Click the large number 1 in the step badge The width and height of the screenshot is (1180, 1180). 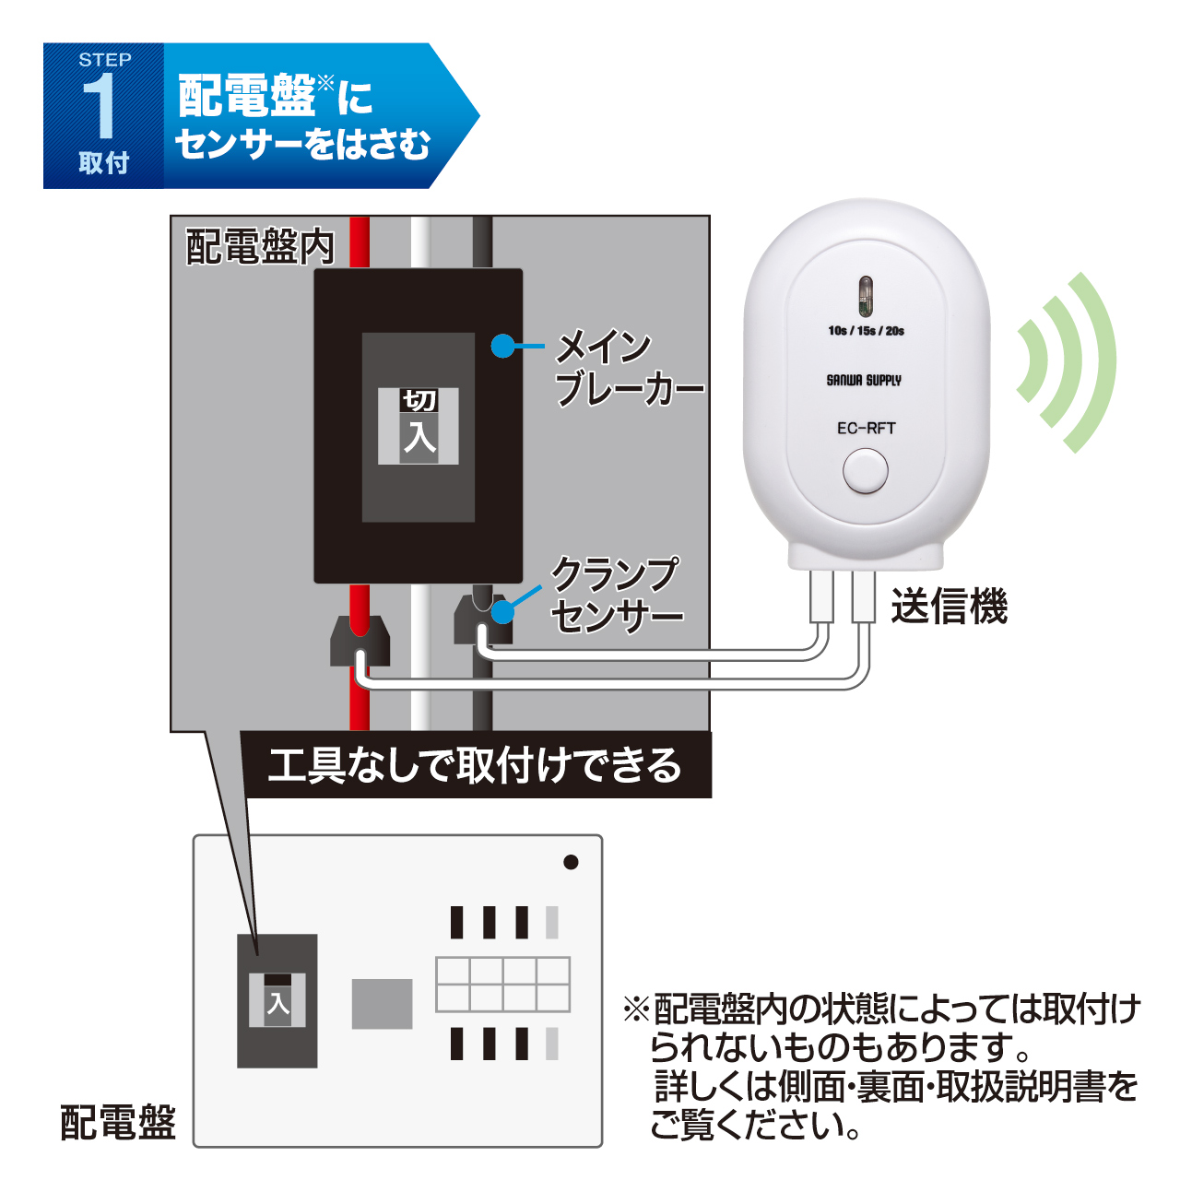(99, 105)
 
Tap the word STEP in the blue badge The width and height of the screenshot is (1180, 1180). (105, 59)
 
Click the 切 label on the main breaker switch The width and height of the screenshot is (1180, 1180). (419, 400)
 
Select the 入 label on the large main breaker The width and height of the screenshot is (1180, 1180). (419, 438)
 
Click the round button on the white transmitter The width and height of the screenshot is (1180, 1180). (865, 470)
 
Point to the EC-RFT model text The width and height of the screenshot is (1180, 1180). (866, 428)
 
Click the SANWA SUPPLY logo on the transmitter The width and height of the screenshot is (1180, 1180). (864, 380)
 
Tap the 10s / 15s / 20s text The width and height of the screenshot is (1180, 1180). (866, 331)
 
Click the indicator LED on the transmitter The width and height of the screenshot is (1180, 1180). (866, 297)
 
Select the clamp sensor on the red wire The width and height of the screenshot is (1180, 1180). (360, 641)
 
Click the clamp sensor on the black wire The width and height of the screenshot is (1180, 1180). (482, 621)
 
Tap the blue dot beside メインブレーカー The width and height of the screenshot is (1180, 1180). (502, 346)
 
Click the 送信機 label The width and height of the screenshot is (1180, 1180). (949, 607)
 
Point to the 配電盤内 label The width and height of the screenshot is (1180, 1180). (260, 247)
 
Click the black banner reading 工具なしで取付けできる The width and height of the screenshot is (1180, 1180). (476, 765)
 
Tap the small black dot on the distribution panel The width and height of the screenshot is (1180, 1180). (571, 862)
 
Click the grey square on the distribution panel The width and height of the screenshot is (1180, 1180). (382, 1004)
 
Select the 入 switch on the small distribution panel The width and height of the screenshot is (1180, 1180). (277, 1003)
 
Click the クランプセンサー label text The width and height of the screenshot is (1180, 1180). (616, 595)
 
